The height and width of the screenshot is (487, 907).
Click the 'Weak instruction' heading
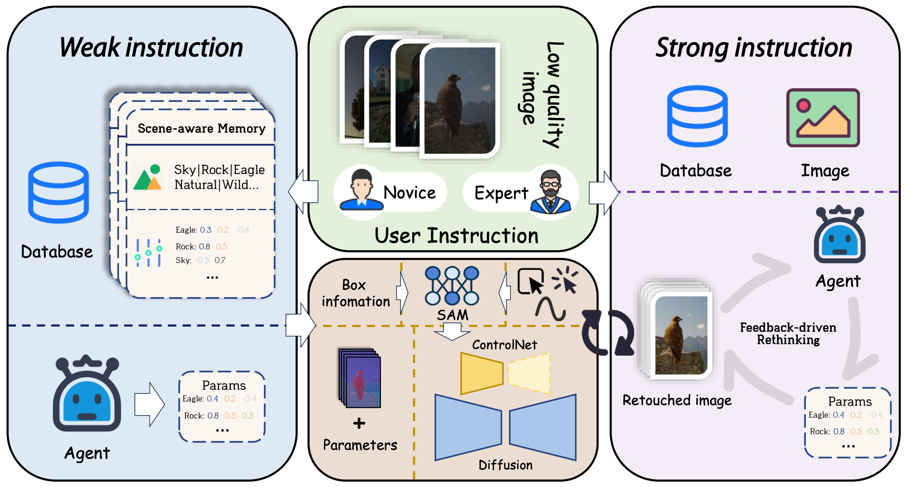pos(151,47)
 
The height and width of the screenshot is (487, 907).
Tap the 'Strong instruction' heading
pos(753,47)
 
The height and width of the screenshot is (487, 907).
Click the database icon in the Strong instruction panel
pos(697,116)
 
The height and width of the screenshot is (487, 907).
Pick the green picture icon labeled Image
pos(823,118)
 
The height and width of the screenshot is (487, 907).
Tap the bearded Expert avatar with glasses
pos(551,192)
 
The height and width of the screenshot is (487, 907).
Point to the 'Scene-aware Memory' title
pos(201,129)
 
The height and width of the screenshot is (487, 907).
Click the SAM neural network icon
pos(452,286)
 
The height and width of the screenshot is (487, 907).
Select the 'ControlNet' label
pos(504,345)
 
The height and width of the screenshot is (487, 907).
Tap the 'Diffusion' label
pos(505,465)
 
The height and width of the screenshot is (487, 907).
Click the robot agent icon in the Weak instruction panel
pos(87,394)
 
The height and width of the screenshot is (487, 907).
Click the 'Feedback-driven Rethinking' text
pos(788,334)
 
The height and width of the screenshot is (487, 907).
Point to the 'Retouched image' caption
pos(677,400)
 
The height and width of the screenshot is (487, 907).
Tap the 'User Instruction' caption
pos(456,236)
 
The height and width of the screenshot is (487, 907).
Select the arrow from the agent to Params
pos(150,404)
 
